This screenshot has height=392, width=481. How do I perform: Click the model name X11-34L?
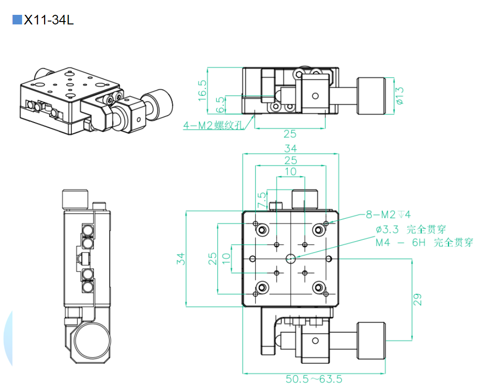click(x=49, y=20)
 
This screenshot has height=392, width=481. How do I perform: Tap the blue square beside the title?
click(x=17, y=20)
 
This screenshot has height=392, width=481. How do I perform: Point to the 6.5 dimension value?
click(x=220, y=104)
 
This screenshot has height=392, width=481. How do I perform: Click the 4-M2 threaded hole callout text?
click(x=213, y=125)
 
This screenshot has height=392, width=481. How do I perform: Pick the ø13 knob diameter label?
click(x=400, y=95)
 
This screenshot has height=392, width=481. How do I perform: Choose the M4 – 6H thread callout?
click(x=424, y=243)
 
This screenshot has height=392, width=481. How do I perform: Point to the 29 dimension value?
click(x=418, y=300)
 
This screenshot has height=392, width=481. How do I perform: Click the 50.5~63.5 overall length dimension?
click(x=314, y=379)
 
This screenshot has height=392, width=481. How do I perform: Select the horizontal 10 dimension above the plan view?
click(x=290, y=171)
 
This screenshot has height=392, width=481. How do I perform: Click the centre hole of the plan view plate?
click(x=290, y=258)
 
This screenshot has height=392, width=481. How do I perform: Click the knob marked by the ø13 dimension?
click(x=372, y=96)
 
